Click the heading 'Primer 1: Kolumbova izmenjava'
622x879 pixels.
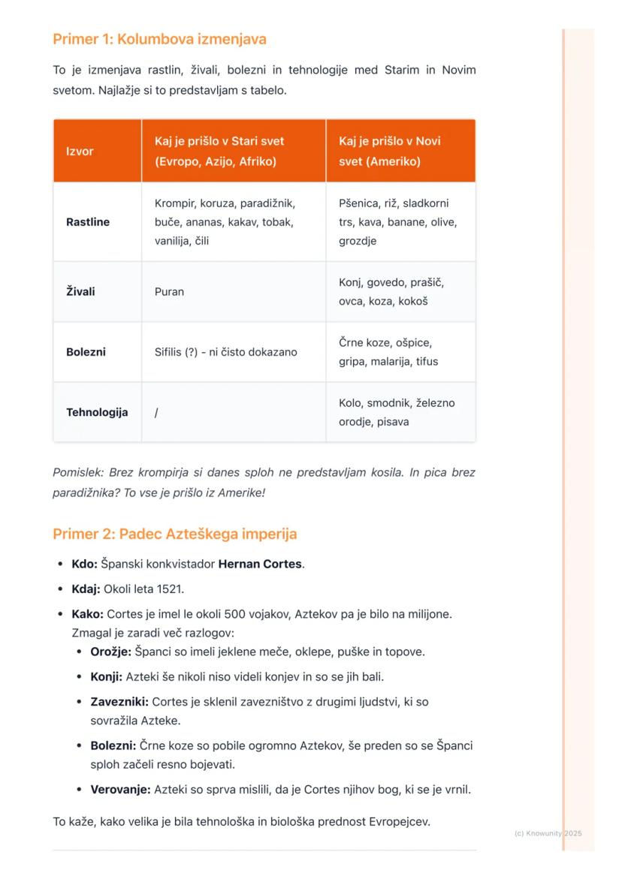[159, 39]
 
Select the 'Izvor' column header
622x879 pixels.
[80, 151]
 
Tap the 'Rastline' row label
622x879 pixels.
[88, 222]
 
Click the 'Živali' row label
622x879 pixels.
[80, 291]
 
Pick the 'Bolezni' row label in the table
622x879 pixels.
[86, 352]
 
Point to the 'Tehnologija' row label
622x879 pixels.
[97, 412]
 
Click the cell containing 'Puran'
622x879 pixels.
[169, 291]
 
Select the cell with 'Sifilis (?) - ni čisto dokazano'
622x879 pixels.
[225, 352]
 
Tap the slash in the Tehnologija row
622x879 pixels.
[156, 412]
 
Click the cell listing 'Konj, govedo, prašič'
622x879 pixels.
[391, 291]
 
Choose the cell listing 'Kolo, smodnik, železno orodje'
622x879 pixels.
[396, 412]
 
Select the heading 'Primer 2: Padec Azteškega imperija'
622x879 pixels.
[174, 534]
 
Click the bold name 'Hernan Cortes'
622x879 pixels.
[260, 564]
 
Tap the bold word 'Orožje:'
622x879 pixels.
[111, 652]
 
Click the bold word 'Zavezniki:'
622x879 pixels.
[119, 702]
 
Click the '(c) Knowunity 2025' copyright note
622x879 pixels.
[548, 833]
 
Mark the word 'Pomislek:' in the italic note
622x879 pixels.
[79, 473]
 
